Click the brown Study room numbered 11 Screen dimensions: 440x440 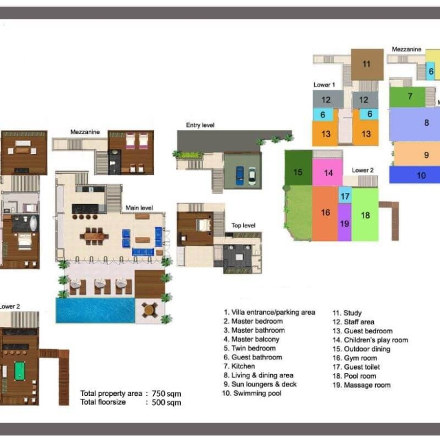tap(367, 64)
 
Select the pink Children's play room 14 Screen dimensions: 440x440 tap(328, 172)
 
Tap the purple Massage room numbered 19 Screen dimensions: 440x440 tap(345, 222)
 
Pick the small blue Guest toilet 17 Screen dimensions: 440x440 tap(345, 195)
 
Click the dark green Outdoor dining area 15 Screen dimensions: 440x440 tap(298, 168)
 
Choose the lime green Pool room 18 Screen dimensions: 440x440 tap(365, 214)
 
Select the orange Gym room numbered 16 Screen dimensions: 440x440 tap(325, 213)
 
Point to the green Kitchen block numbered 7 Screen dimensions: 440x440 tap(407, 97)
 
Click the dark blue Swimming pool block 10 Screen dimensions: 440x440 tap(415, 175)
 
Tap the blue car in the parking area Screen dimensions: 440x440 tap(240, 176)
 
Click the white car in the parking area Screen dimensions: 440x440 tap(252, 176)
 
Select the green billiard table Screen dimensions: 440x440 tap(20, 371)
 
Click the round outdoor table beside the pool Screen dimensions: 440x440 tap(148, 310)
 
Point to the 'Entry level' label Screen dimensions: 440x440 tap(200, 125)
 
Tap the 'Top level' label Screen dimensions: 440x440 tap(243, 225)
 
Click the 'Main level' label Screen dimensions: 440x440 tap(139, 208)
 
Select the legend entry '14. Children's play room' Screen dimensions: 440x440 tap(370, 340)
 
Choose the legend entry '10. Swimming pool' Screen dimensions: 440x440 tap(252, 393)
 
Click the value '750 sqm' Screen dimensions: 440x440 tap(166, 394)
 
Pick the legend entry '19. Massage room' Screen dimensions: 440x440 tap(362, 385)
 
